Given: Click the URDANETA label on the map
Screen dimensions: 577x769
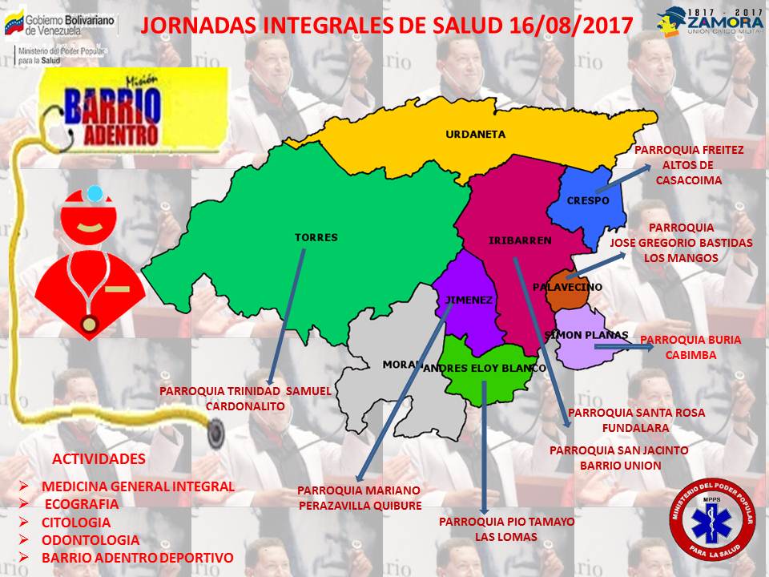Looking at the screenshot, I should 476,135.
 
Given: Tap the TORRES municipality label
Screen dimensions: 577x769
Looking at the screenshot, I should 316,237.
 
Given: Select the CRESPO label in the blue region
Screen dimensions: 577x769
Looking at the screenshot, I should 588,200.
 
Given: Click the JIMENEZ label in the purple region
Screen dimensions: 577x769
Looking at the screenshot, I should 465,300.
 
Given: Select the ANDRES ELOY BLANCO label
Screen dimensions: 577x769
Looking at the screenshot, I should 484,368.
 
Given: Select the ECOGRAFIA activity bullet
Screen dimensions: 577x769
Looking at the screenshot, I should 81,504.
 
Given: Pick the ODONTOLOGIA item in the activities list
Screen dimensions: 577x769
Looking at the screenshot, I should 91,539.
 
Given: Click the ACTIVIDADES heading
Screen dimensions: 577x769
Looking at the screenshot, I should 99,459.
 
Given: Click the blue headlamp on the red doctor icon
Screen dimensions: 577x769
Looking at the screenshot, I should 96,193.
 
